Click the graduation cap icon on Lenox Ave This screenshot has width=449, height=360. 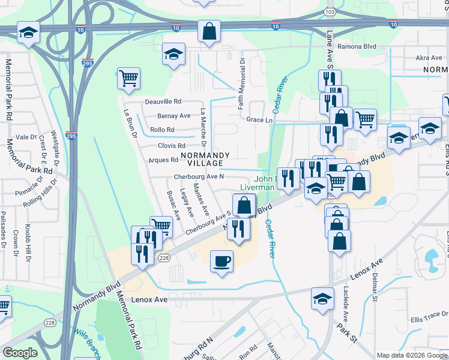[x=322, y=298]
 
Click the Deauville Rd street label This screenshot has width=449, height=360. [x=161, y=102]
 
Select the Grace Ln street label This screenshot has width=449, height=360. [x=259, y=120]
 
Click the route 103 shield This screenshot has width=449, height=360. [x=329, y=11]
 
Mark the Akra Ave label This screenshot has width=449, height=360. [x=429, y=58]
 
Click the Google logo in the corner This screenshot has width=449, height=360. [x=20, y=352]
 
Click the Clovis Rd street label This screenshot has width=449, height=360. [x=171, y=146]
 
